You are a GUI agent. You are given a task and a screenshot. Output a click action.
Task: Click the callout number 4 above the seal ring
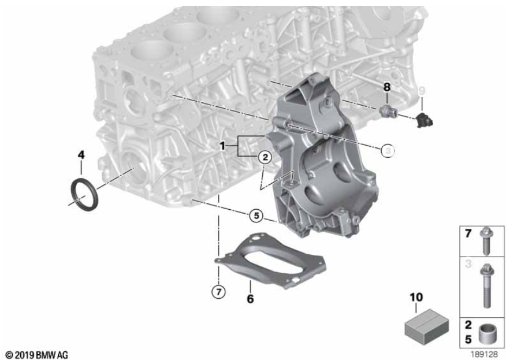pyautogui.click(x=81, y=155)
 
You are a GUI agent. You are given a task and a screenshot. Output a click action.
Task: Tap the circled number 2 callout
pyautogui.click(x=265, y=157)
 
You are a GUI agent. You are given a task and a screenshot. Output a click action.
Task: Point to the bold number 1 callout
pyautogui.click(x=222, y=146)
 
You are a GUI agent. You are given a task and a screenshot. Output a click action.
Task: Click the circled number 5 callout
pyautogui.click(x=256, y=216)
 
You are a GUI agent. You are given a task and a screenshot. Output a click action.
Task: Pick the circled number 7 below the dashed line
pyautogui.click(x=218, y=292)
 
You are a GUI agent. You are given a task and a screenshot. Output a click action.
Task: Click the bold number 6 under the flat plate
pyautogui.click(x=251, y=299)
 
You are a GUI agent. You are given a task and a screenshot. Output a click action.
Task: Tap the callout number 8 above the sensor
pyautogui.click(x=386, y=87)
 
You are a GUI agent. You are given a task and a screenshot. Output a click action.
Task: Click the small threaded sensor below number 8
pyautogui.click(x=388, y=111)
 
